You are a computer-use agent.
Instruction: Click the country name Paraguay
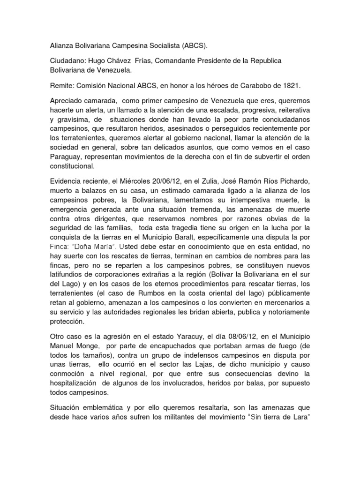point(68,156)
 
